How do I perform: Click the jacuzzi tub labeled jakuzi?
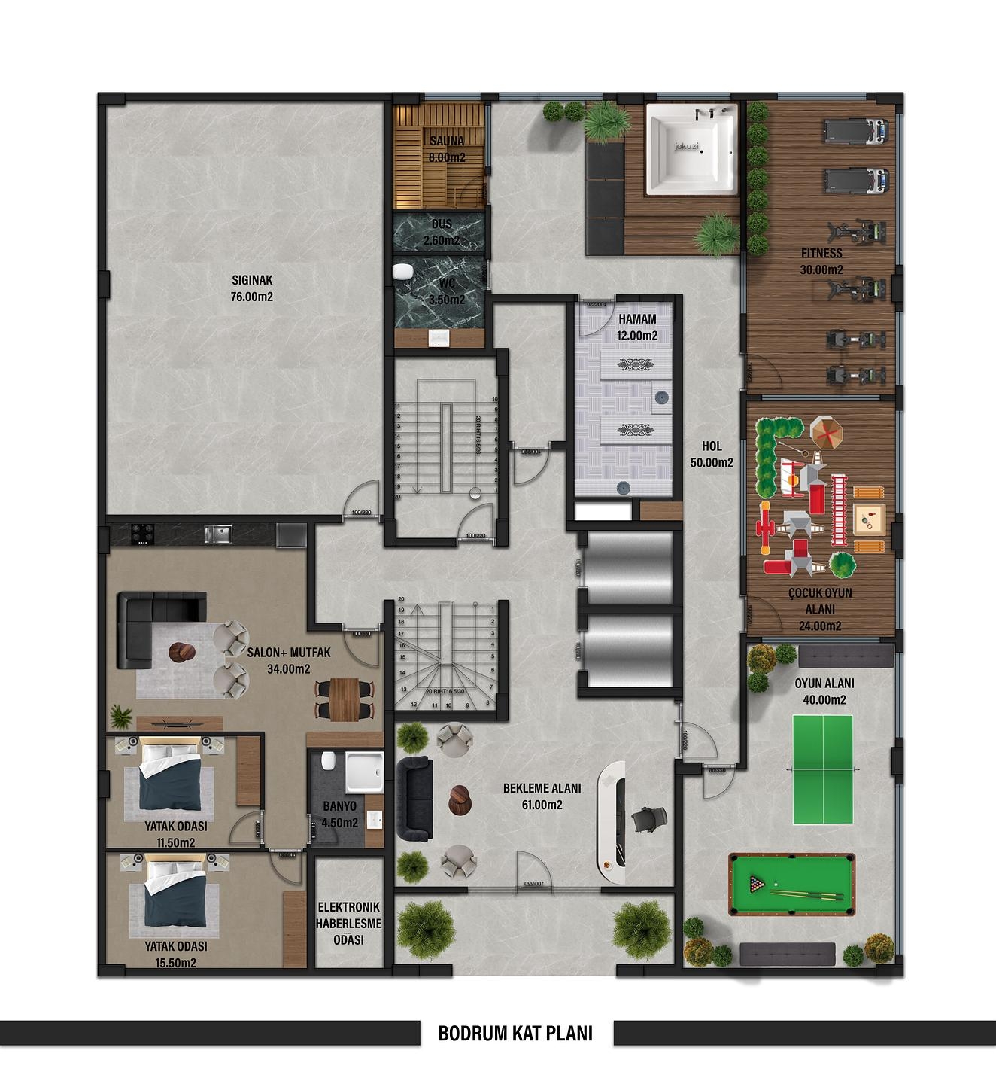click(692, 149)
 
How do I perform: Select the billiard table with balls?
click(791, 885)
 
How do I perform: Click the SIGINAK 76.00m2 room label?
click(252, 289)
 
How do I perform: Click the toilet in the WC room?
click(402, 271)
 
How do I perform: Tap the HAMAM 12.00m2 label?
click(637, 327)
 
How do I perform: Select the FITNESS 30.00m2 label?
click(821, 261)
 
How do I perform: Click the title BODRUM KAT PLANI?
click(515, 1034)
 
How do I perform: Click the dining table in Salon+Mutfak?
click(345, 699)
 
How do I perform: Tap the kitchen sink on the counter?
click(218, 534)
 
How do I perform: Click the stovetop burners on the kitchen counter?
click(140, 534)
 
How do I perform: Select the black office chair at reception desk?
click(648, 818)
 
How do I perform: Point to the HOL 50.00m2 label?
click(712, 455)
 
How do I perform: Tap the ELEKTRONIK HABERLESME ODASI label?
click(348, 924)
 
